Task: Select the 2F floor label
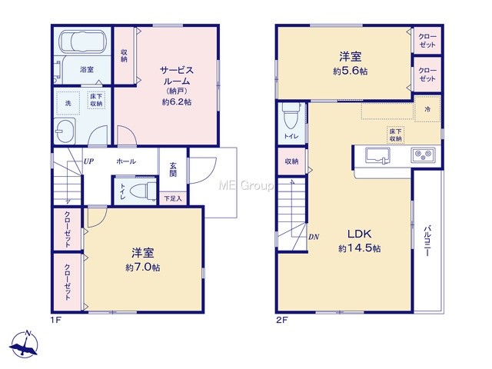tap(282, 321)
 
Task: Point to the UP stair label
tap(88, 161)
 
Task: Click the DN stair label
tap(314, 237)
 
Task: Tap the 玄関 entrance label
tap(173, 169)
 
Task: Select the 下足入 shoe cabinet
tap(173, 198)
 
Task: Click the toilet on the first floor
tap(143, 191)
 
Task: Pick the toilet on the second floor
tap(291, 115)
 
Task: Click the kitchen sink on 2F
tap(377, 155)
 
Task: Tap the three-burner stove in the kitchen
tap(424, 155)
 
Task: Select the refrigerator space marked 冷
tap(427, 109)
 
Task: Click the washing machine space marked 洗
tap(68, 103)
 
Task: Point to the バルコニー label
tap(427, 241)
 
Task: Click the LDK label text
tap(360, 234)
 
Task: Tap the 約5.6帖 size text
tap(351, 71)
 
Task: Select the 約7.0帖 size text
tap(143, 268)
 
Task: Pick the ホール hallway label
tap(126, 161)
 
